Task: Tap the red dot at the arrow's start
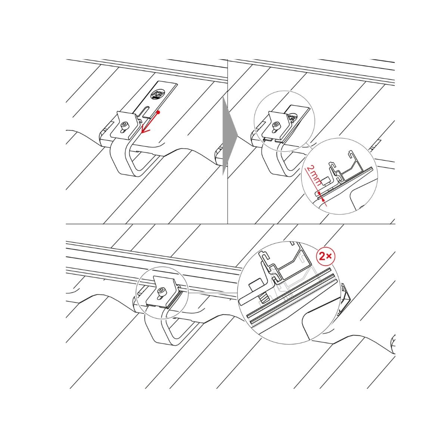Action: coord(158,112)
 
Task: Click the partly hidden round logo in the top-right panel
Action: coord(292,117)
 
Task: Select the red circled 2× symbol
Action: coord(326,256)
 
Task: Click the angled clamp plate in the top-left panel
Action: coord(125,125)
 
